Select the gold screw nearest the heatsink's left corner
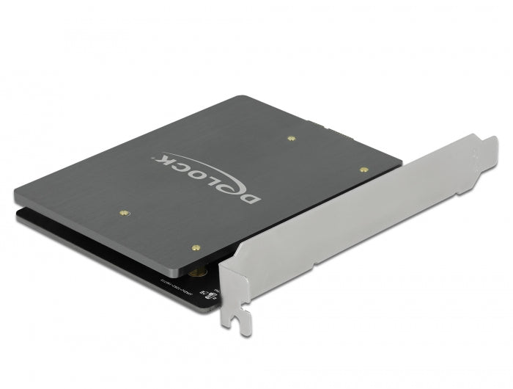pos(123,213)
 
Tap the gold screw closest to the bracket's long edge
pos(364,169)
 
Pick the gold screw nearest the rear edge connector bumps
pos(292,137)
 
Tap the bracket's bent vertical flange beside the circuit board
pos(229,286)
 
